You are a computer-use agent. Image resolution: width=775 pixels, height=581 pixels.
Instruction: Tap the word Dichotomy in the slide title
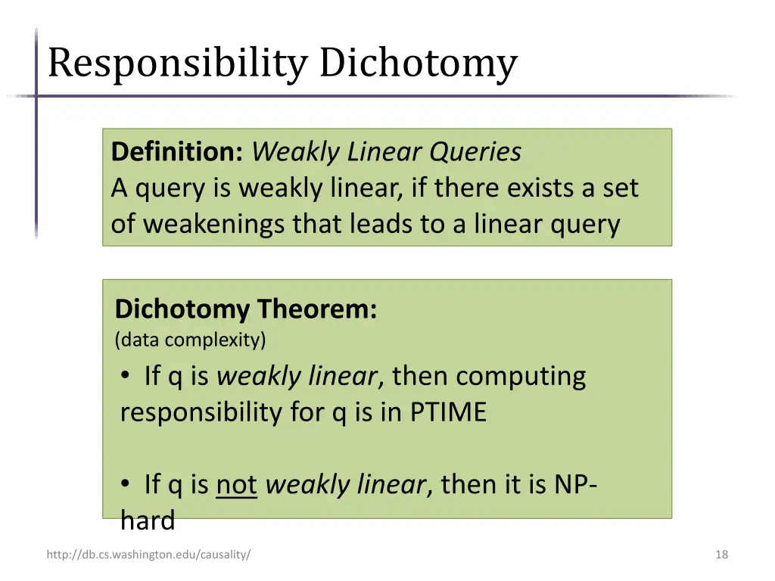click(x=418, y=64)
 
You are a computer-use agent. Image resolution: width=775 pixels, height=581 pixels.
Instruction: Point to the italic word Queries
click(x=475, y=152)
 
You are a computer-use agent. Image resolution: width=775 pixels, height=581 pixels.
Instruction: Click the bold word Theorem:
click(x=316, y=309)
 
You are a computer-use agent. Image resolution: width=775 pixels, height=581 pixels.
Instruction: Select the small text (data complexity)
click(x=191, y=340)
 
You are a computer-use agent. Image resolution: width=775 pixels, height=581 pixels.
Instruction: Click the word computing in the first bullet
click(x=521, y=376)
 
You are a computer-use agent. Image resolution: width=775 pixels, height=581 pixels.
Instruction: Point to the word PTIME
click(x=448, y=412)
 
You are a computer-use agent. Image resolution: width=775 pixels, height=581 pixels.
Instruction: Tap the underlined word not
click(x=237, y=484)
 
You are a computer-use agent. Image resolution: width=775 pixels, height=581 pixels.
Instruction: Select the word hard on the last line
click(x=148, y=520)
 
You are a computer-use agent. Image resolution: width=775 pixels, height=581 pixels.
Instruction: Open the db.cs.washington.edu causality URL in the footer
click(x=148, y=555)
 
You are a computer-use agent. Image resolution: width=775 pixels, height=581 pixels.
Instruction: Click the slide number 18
click(x=721, y=555)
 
